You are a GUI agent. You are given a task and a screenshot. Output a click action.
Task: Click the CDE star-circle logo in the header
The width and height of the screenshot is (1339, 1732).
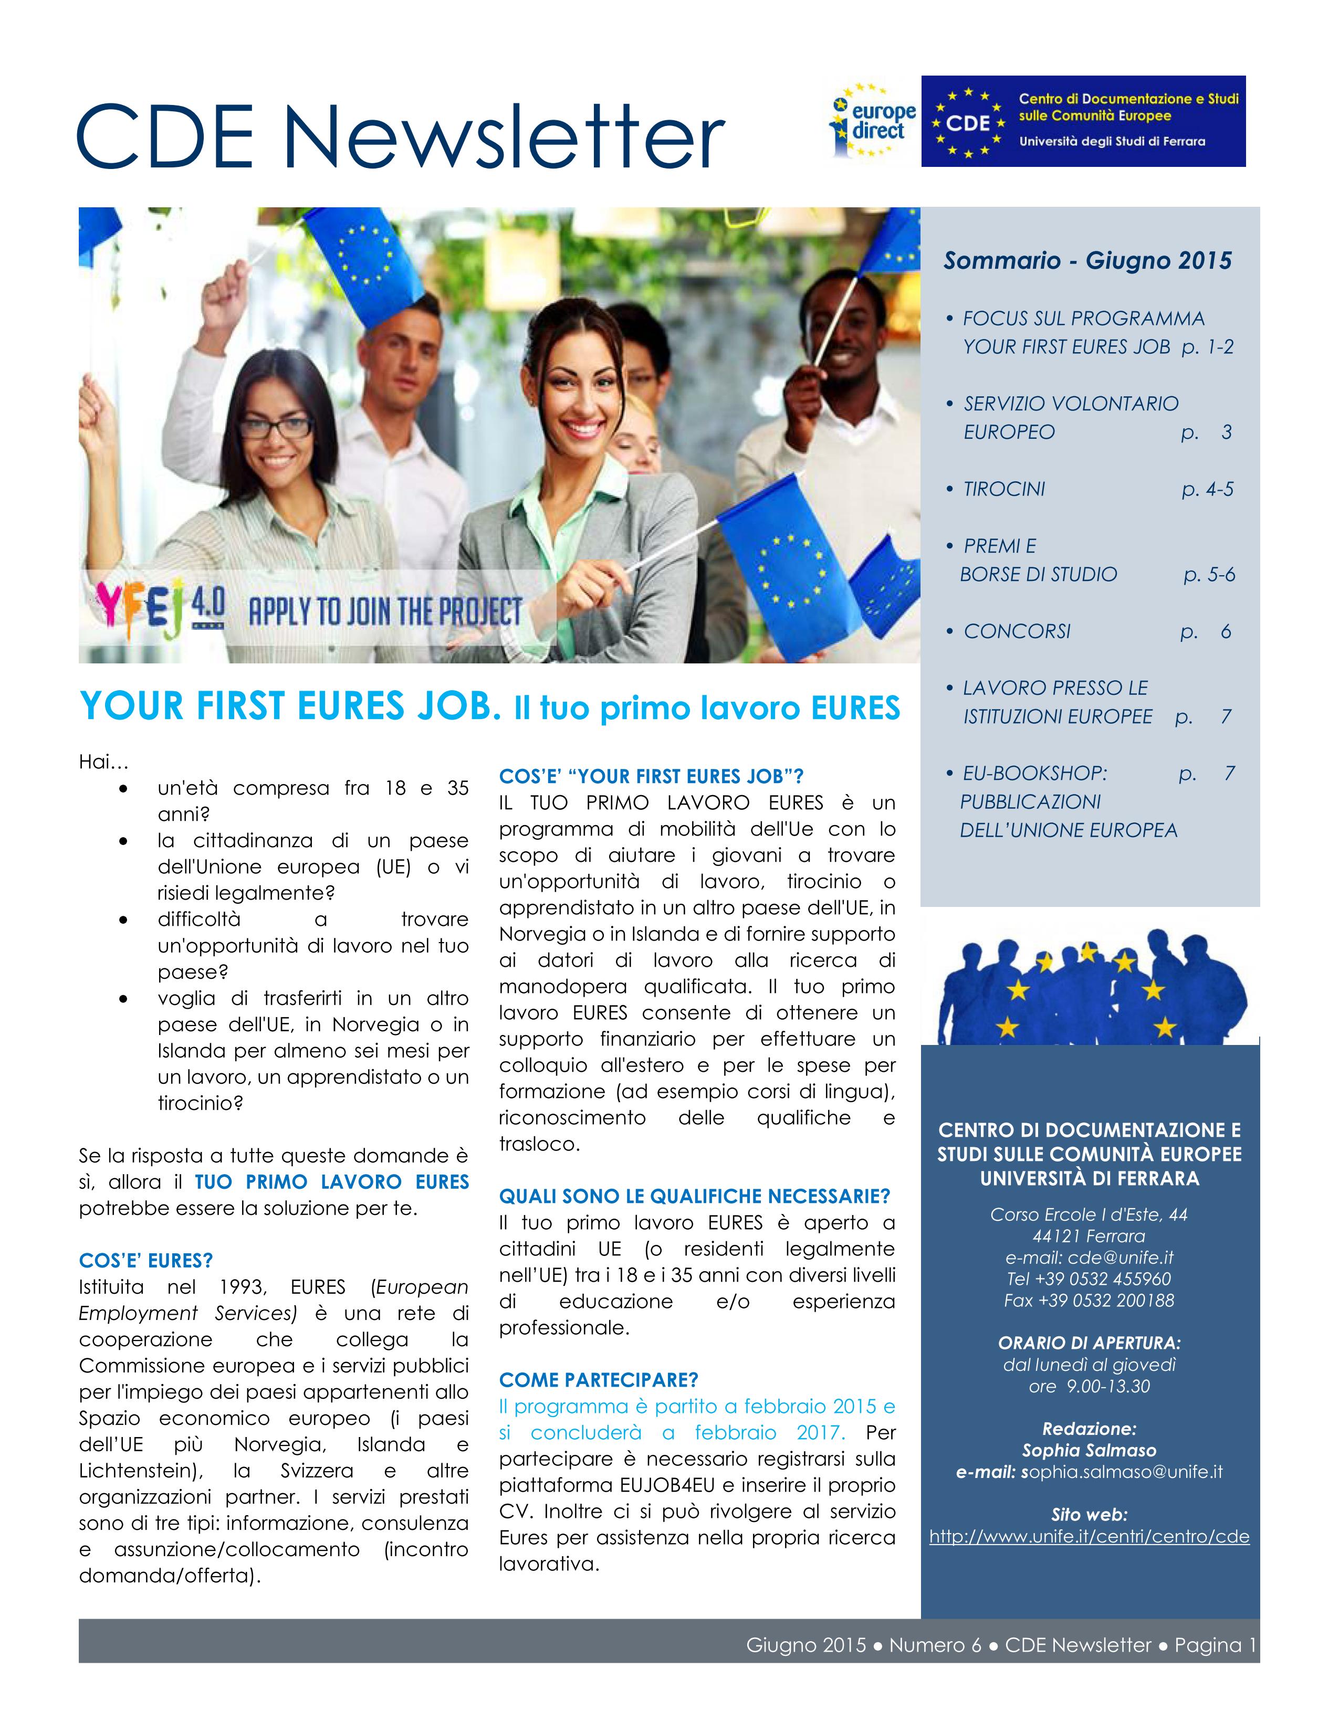coord(969,123)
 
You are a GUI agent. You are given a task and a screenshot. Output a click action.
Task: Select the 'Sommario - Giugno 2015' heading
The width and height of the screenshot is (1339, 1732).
coord(1087,260)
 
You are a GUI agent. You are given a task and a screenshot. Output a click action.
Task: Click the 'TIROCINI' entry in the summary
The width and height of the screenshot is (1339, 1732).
coord(1004,489)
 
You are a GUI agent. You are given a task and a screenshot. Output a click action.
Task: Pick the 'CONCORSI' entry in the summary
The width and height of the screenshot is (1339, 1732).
coord(1017,631)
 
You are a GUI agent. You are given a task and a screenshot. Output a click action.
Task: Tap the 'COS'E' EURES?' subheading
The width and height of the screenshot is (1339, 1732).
coord(146,1260)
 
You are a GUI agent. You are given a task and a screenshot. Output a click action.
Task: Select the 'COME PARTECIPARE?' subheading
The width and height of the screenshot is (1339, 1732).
coord(598,1380)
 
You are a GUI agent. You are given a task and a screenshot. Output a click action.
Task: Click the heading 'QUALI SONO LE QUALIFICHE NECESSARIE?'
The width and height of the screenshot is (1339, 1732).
coord(694,1196)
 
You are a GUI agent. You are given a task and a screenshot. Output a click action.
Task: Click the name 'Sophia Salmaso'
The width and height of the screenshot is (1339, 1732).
coord(1089,1451)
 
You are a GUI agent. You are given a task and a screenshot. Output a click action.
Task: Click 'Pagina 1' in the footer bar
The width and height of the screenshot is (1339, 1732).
coord(1215,1645)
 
